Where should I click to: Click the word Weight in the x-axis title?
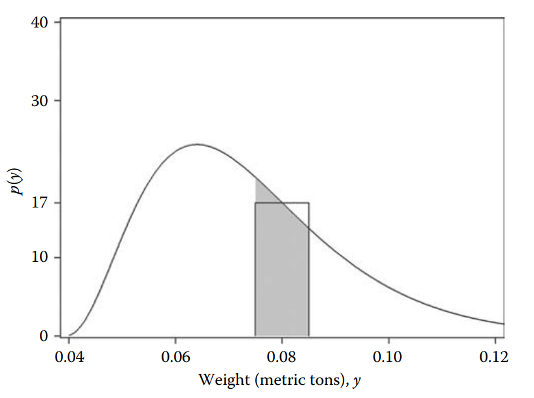click(x=220, y=379)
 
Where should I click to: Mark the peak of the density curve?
click(x=197, y=144)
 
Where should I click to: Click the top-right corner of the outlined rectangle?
click(x=309, y=203)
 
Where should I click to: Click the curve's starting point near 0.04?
click(x=69, y=335)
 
